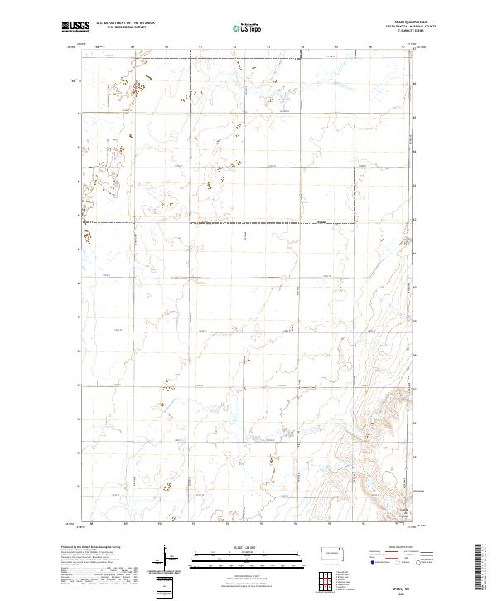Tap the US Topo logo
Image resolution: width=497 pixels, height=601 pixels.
247,27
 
